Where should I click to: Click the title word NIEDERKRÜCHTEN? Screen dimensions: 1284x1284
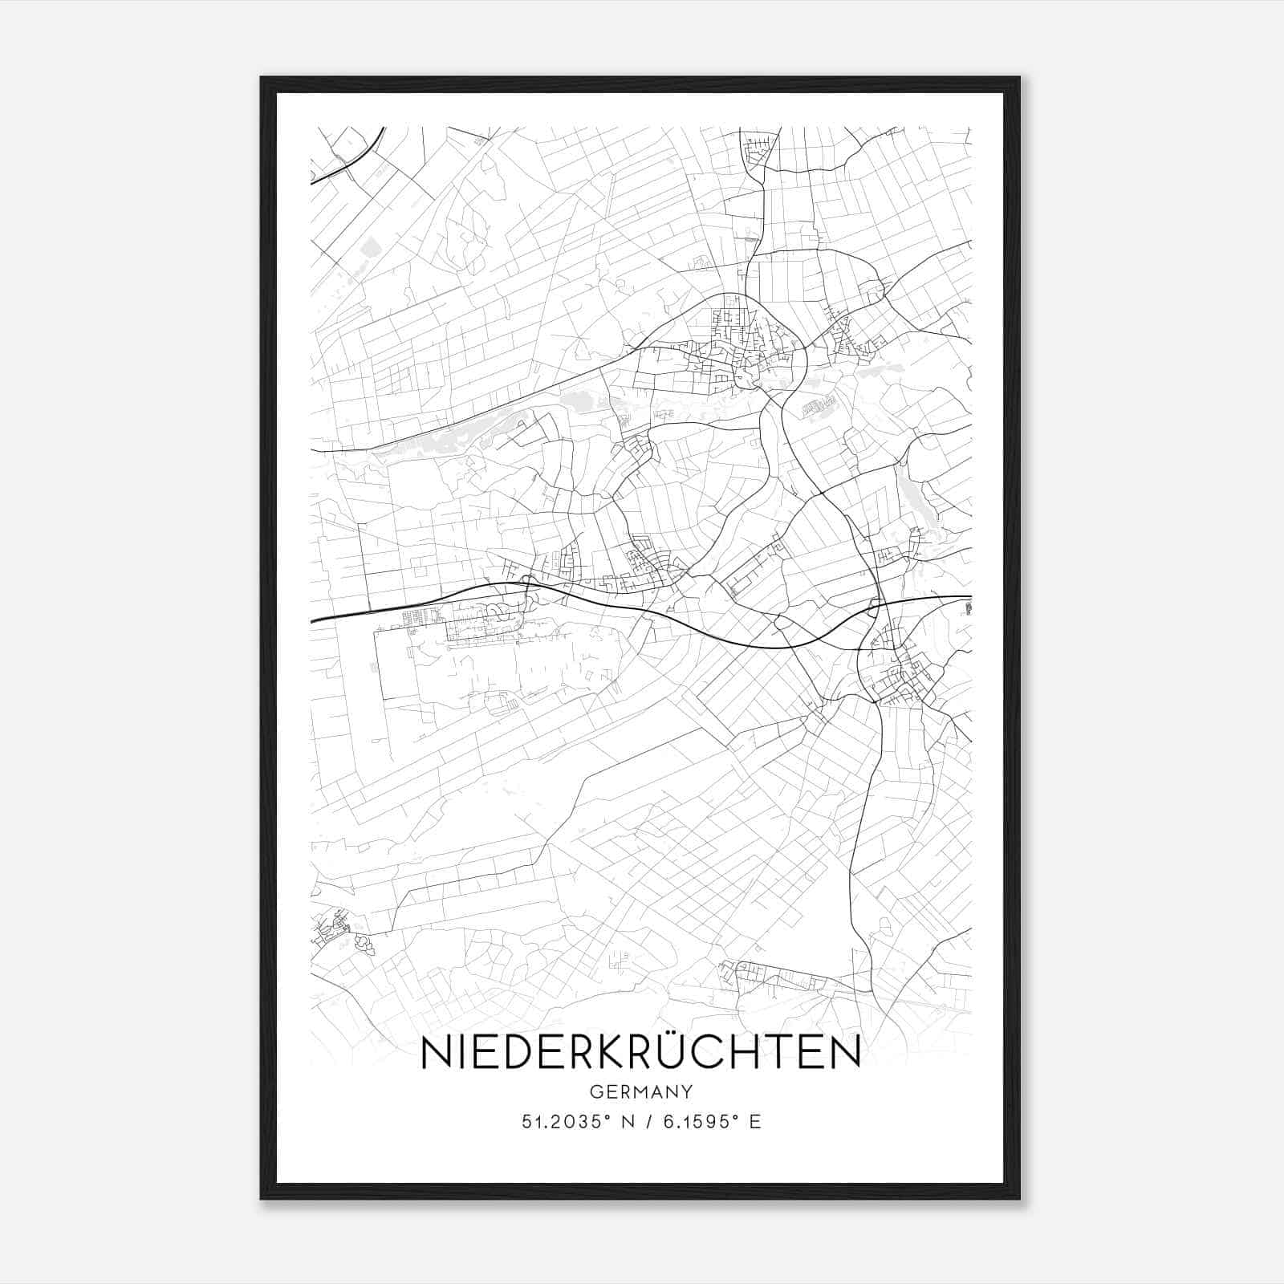[x=640, y=1052]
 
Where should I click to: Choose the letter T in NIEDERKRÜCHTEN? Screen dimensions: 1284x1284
[x=774, y=1053]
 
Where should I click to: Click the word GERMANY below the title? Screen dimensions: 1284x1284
[x=640, y=1091]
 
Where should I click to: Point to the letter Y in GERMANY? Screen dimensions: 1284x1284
[x=687, y=1091]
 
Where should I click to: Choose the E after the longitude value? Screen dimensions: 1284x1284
[x=754, y=1122]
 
